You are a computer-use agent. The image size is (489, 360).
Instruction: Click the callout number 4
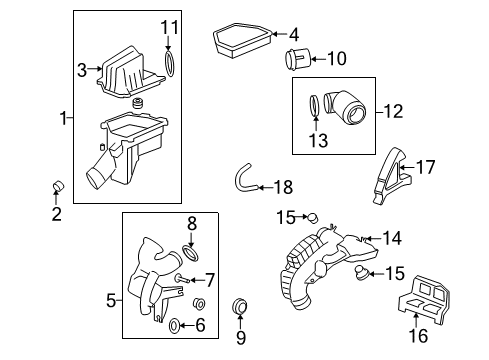click(294, 36)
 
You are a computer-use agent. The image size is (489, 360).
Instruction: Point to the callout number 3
click(83, 69)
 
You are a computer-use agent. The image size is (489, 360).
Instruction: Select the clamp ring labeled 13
click(315, 105)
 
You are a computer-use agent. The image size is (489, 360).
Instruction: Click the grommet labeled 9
click(239, 306)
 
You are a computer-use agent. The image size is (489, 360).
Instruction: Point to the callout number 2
click(56, 213)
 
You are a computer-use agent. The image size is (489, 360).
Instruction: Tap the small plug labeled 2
click(57, 186)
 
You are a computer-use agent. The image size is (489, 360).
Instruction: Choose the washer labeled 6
click(173, 325)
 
